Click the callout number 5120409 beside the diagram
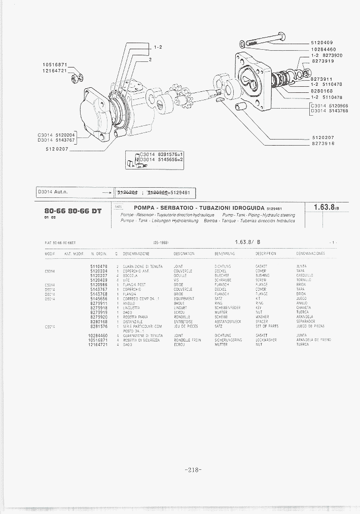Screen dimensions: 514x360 pos(321,43)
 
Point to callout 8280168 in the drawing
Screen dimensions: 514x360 pos(321,91)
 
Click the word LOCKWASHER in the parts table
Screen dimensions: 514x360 pos(266,340)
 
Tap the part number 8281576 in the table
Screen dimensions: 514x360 pos(98,326)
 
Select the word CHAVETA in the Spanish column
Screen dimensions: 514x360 pos(304,308)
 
